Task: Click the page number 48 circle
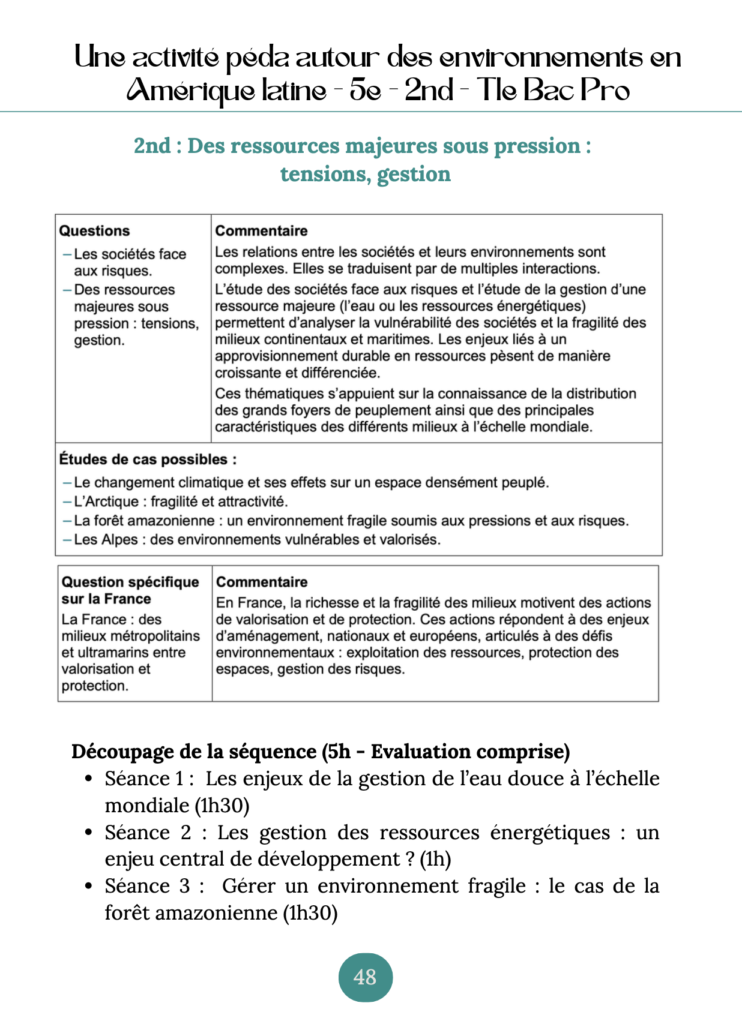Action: [x=365, y=977]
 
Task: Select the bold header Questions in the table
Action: [x=94, y=231]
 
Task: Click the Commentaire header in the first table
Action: [x=261, y=231]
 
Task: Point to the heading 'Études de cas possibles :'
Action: [x=148, y=460]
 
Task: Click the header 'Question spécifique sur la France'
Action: [x=130, y=590]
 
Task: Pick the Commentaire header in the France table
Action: [x=262, y=582]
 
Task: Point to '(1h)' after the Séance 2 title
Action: [x=435, y=859]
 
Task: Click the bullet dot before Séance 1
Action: [x=88, y=779]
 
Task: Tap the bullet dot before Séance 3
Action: [x=88, y=886]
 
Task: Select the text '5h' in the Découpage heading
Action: [x=339, y=752]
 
